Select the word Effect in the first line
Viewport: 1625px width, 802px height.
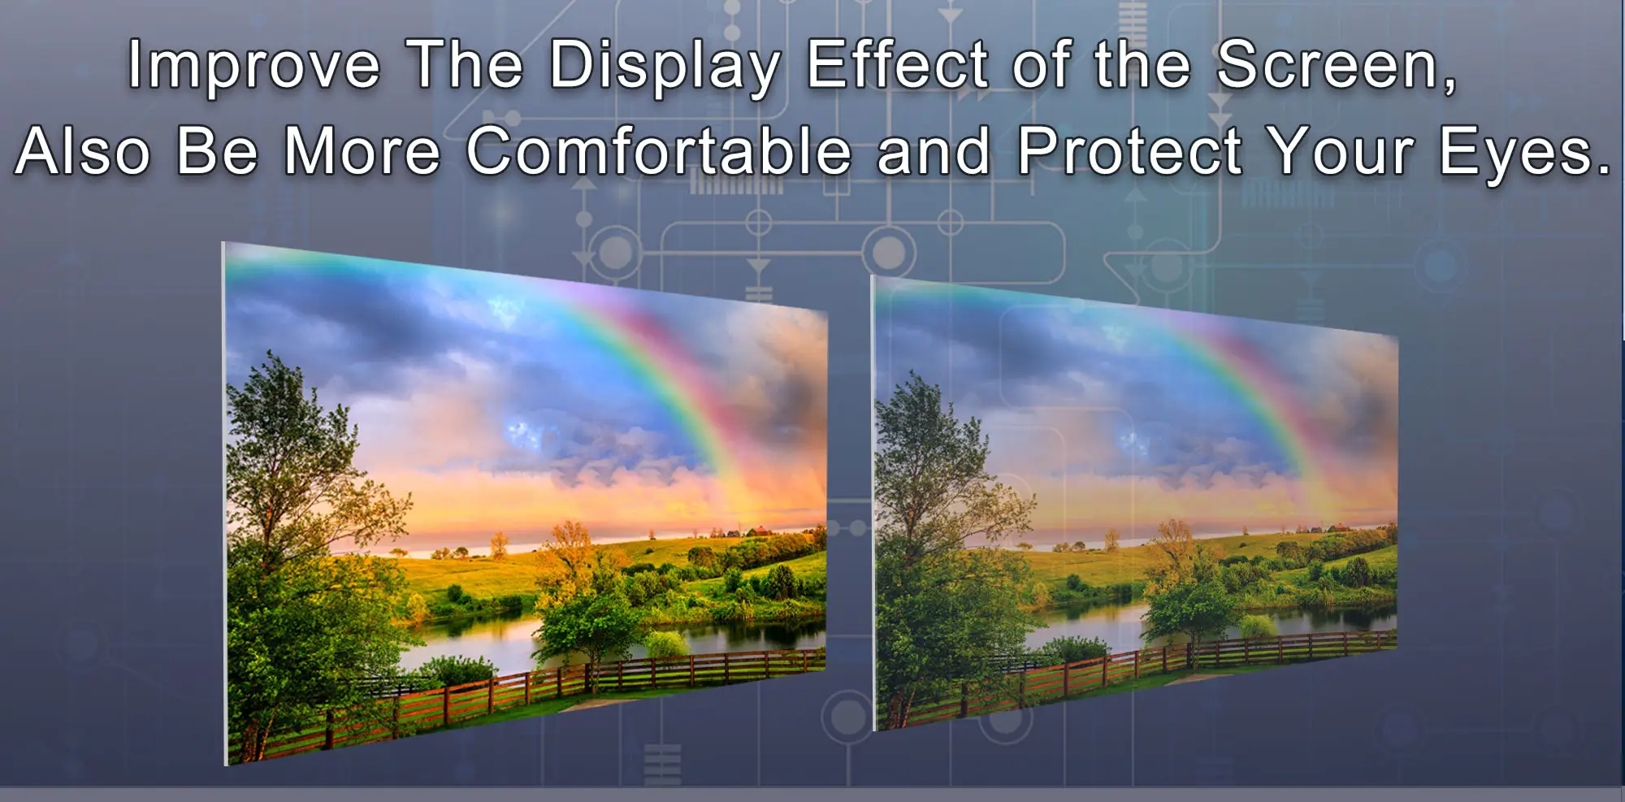(898, 64)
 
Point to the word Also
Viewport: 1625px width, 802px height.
(84, 150)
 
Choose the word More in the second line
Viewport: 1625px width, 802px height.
(362, 150)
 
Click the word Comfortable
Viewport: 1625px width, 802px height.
(659, 150)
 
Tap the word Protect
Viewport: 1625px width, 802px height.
(1130, 150)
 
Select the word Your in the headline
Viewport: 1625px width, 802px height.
(1342, 150)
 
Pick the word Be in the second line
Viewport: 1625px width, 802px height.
(217, 150)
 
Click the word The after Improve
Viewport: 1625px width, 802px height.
(466, 64)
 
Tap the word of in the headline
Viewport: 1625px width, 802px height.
(1041, 64)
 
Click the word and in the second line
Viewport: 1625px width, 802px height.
(934, 150)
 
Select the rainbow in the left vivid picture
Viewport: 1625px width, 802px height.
(650, 366)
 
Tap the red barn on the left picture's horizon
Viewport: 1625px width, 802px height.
(759, 531)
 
